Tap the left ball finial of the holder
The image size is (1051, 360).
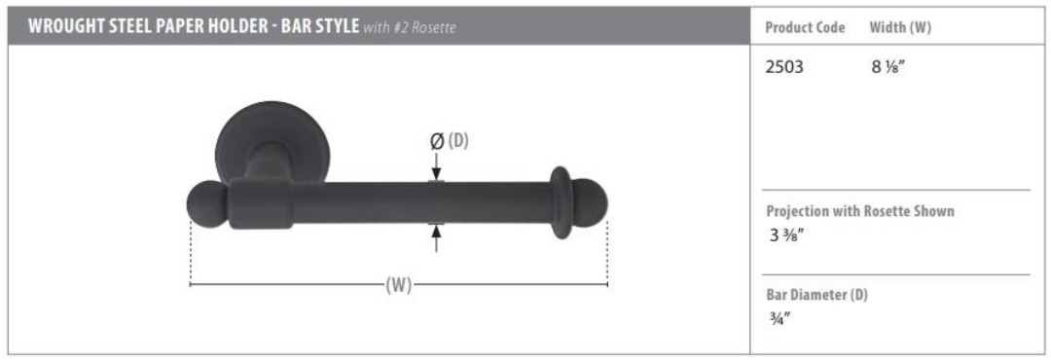click(206, 203)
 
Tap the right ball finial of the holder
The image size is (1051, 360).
click(590, 203)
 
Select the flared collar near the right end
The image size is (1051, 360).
click(562, 203)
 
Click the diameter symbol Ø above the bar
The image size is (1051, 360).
click(436, 141)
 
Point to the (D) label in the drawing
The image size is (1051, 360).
click(457, 141)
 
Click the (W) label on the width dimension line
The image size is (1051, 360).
click(399, 285)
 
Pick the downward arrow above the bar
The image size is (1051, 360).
click(436, 167)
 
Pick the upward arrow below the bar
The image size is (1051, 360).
click(436, 238)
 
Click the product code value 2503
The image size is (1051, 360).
click(784, 68)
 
